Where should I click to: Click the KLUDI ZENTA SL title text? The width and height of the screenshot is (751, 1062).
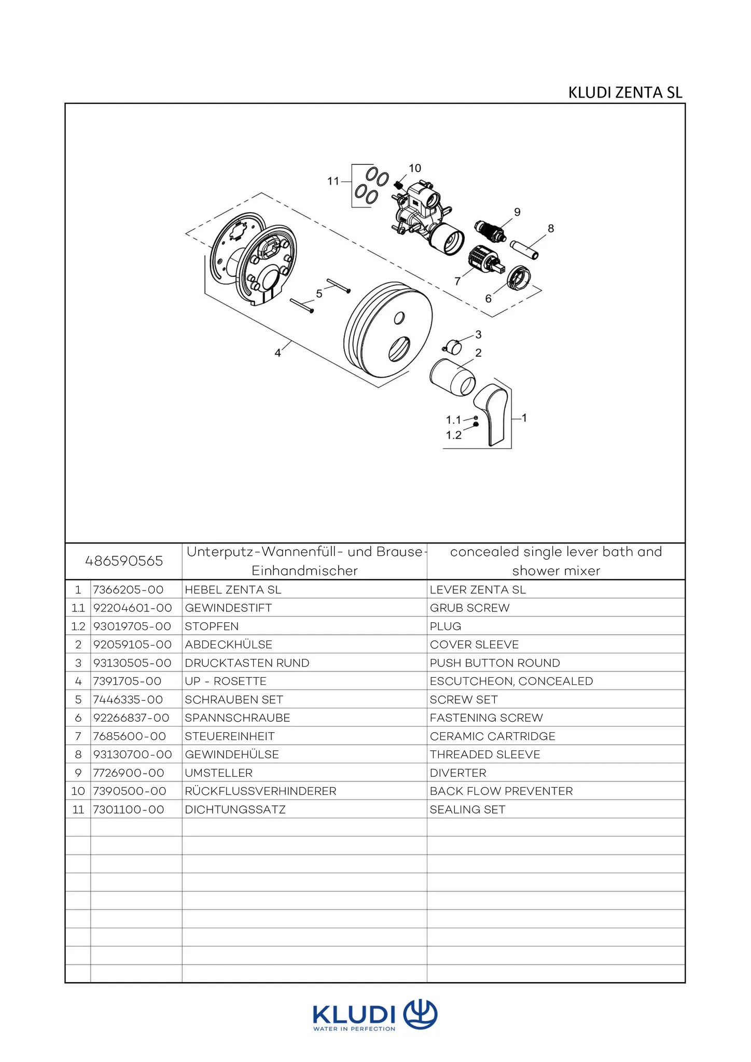(x=625, y=92)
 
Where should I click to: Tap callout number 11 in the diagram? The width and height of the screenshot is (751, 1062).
(x=333, y=181)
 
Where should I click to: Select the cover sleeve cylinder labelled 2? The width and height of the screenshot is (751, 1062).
(x=452, y=377)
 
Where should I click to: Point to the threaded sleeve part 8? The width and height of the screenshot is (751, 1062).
(x=524, y=249)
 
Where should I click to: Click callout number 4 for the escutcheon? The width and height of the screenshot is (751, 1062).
(x=277, y=353)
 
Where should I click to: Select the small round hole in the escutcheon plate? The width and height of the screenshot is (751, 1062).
(x=399, y=317)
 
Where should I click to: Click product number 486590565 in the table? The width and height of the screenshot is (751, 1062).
(x=124, y=561)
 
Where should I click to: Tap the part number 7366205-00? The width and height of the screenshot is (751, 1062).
(x=128, y=590)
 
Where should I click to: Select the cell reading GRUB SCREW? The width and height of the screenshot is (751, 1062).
(x=469, y=608)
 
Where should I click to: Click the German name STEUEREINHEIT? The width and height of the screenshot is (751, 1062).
(x=230, y=736)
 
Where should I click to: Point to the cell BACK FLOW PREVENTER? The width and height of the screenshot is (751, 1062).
(x=501, y=791)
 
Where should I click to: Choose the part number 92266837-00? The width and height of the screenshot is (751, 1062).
(x=131, y=718)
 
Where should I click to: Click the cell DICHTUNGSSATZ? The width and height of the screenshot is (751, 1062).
(x=235, y=809)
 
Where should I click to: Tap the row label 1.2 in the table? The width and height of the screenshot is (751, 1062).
(x=78, y=626)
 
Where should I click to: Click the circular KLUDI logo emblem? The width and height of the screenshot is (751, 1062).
(x=420, y=1013)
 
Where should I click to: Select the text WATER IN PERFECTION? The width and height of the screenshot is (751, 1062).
(x=354, y=1029)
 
